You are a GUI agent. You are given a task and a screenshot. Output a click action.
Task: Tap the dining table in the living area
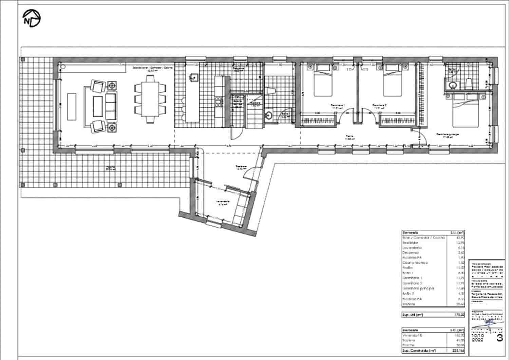pos(150,98)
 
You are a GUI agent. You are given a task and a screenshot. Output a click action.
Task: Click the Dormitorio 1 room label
pos(338,105)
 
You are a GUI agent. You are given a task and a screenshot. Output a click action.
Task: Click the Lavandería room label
pos(223,201)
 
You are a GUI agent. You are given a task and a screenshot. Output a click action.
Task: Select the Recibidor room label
pos(241,167)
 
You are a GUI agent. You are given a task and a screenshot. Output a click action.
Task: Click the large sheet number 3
pos(499,338)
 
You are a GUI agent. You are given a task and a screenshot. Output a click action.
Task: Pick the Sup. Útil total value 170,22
pos(459,315)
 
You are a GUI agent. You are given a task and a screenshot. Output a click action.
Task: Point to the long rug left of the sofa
pos(72,106)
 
